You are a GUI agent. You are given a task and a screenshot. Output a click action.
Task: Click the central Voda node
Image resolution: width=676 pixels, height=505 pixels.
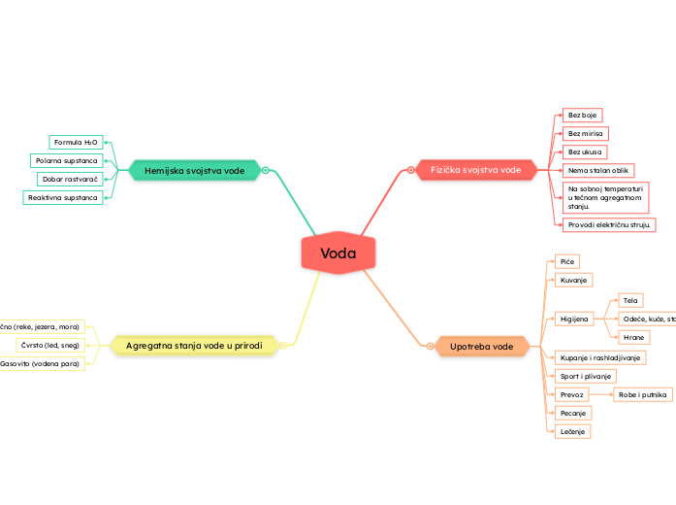coord(338,254)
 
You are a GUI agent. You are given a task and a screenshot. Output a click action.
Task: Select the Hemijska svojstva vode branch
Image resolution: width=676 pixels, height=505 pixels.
coord(195,170)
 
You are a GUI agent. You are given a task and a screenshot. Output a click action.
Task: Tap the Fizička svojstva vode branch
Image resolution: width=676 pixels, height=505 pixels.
coord(475,170)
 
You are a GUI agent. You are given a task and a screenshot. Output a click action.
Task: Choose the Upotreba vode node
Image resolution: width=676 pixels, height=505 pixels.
coord(482,346)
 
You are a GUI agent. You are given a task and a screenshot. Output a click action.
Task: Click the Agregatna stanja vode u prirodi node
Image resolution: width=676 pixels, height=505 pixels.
coord(194,345)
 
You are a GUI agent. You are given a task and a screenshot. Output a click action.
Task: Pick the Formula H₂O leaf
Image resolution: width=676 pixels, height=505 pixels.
coord(76,142)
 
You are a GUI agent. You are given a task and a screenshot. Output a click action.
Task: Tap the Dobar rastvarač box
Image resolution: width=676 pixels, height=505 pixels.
coord(71,179)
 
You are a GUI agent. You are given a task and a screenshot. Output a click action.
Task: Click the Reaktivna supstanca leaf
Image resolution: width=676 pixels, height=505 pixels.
coord(63,197)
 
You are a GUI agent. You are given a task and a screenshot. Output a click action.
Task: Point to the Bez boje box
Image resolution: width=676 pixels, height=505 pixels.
coord(582,115)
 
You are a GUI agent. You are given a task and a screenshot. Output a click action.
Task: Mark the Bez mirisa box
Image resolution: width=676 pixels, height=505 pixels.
coord(585,133)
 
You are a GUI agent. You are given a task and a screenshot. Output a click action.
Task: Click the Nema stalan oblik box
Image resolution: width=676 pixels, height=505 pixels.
coord(597,170)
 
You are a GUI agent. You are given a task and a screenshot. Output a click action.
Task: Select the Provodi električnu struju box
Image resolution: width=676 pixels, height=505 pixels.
coord(609,224)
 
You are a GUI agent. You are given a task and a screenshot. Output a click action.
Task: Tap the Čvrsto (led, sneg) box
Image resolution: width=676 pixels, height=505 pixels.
coord(51,345)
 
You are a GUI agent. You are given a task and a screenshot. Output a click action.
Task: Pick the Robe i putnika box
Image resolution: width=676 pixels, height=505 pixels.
coord(642,394)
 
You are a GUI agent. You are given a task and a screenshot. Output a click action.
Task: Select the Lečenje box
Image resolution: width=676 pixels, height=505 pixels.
coord(572,430)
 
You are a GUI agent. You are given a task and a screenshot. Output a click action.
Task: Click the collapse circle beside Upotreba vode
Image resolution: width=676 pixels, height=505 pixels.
coord(429,346)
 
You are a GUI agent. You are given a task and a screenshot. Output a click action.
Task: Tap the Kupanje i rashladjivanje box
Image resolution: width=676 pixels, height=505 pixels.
coord(599,357)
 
